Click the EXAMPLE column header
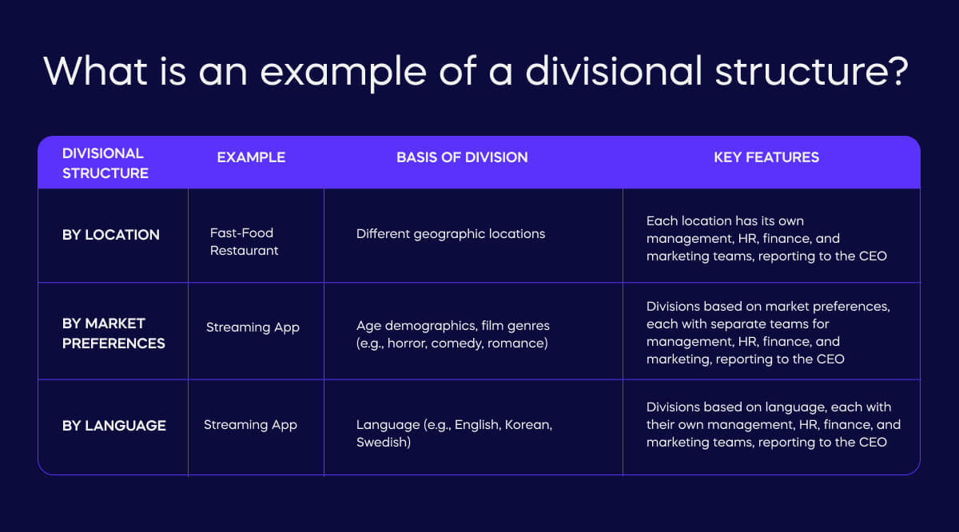pyautogui.click(x=251, y=157)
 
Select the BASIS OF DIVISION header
pyautogui.click(x=462, y=157)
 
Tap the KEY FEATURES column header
pyautogui.click(x=766, y=157)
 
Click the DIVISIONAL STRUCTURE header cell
pyautogui.click(x=105, y=163)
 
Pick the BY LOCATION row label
pyautogui.click(x=111, y=235)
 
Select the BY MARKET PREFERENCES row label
pyautogui.click(x=113, y=333)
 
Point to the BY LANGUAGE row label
pyautogui.click(x=114, y=426)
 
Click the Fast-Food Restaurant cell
pyautogui.click(x=244, y=241)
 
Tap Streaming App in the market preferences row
pyautogui.click(x=253, y=328)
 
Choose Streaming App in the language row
pyautogui.click(x=250, y=425)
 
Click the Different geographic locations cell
pyautogui.click(x=451, y=234)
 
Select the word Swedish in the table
pyautogui.click(x=381, y=442)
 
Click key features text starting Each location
pyautogui.click(x=766, y=238)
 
